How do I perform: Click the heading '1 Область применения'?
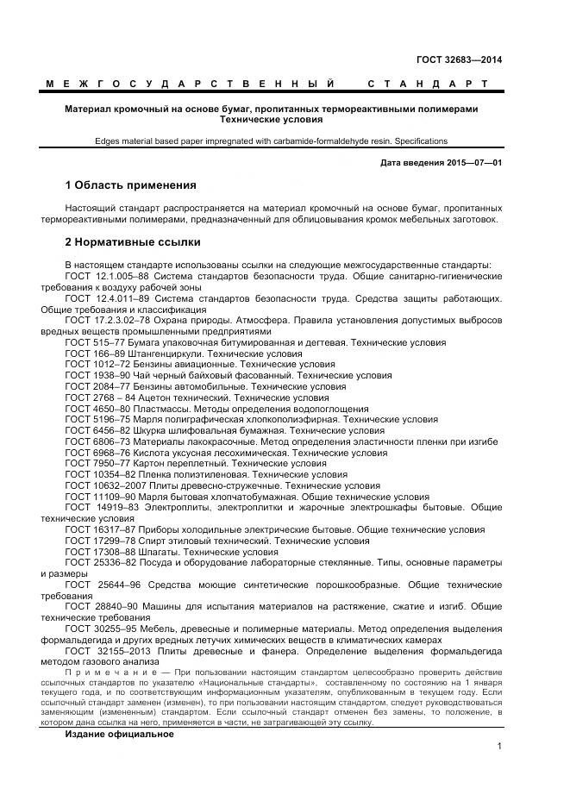[x=130, y=185]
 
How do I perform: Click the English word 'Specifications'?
[x=420, y=141]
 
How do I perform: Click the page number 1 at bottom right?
[x=499, y=748]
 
